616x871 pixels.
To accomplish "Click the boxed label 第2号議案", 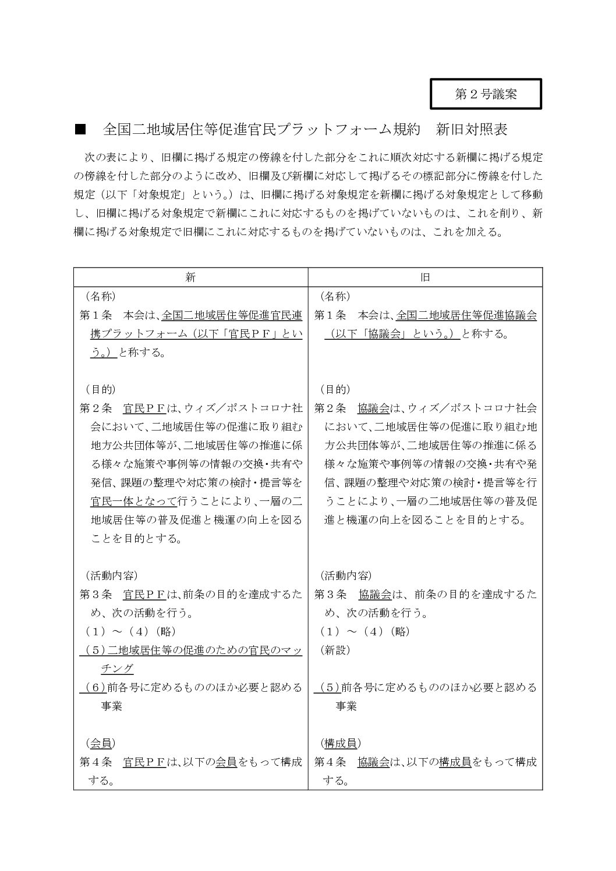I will (486, 94).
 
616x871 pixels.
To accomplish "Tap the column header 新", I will (190, 278).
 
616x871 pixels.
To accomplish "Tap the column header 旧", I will (425, 278).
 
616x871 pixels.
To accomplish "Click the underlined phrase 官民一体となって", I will (133, 501).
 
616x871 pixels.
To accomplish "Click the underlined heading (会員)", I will (100, 743).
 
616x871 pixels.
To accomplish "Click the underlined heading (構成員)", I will (340, 743).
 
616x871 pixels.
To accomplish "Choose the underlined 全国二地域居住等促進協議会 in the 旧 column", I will (466, 315).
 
